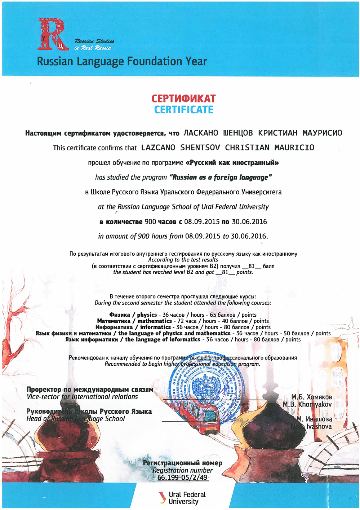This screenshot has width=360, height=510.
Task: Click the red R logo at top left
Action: [53, 35]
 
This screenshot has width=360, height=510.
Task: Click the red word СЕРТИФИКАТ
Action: [183, 98]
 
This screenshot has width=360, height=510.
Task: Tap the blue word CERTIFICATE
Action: [184, 110]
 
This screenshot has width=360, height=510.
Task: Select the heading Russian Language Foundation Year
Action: [122, 61]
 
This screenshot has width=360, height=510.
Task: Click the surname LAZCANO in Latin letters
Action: [158, 148]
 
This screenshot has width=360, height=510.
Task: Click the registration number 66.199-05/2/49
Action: [183, 478]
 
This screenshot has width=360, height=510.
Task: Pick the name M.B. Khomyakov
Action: [307, 404]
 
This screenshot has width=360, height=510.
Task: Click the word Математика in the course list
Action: [114, 321]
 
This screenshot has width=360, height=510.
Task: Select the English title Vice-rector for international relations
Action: [82, 397]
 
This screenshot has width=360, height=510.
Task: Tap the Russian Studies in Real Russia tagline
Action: [94, 44]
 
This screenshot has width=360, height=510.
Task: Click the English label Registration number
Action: [182, 470]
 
